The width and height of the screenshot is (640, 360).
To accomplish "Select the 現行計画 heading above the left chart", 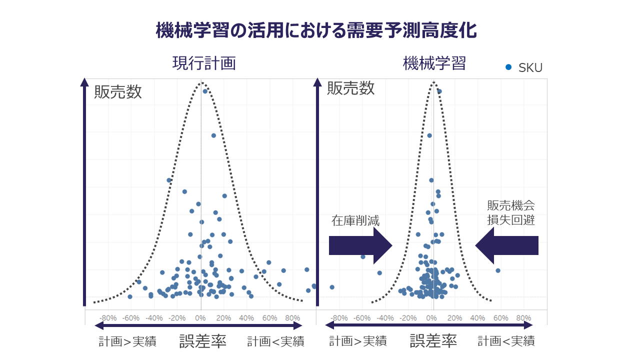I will tap(204, 63).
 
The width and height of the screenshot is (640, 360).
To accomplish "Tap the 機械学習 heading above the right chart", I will tap(434, 63).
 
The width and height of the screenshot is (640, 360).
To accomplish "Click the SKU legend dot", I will tap(508, 67).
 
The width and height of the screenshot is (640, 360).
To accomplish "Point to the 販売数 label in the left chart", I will tap(118, 92).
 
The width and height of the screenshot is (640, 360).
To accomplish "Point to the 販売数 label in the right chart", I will tap(350, 88).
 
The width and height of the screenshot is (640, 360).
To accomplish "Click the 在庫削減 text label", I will tap(355, 220).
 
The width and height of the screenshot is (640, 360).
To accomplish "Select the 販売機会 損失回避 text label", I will tap(510, 212).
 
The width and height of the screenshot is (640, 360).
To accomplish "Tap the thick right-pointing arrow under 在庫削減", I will tap(360, 245).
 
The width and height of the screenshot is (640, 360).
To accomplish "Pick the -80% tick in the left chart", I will tap(108, 318).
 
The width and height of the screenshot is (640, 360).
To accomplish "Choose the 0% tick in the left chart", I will tap(200, 318).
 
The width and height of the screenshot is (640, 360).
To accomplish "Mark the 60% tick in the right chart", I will tap(500, 318).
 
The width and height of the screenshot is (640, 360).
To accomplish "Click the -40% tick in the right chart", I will tap(385, 318).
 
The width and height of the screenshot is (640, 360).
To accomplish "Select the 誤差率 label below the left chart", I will tap(203, 341).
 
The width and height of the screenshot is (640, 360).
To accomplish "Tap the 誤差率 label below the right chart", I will tap(433, 341).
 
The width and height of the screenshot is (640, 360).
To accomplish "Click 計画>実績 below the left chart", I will tap(127, 342).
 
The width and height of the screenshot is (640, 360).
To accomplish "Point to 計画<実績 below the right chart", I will tap(506, 342).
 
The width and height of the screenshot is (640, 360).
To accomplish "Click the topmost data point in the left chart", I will tap(205, 91).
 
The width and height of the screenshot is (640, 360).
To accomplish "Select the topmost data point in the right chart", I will tap(439, 91).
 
